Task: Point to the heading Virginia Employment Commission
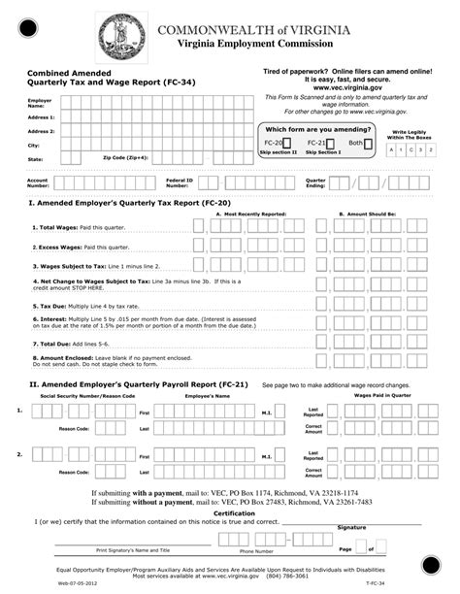(x=245, y=46)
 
